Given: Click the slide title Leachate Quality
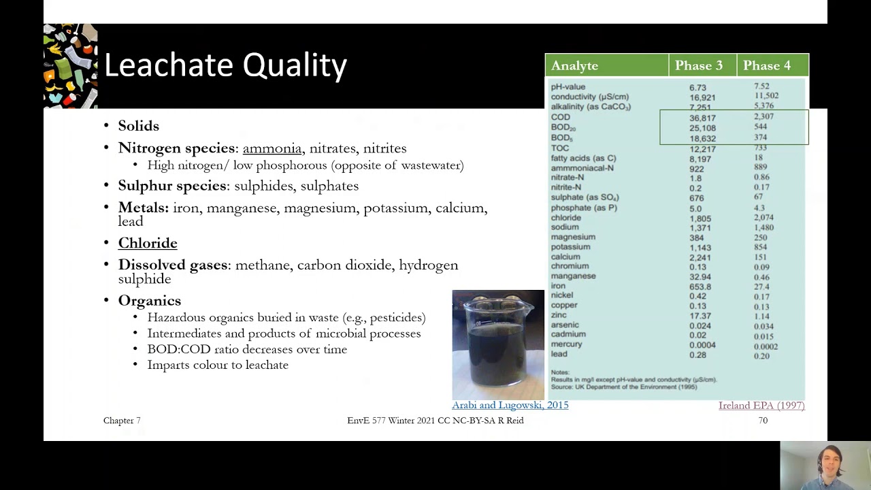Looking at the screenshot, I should click(x=225, y=66).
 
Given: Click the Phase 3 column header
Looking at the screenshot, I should click(x=698, y=65).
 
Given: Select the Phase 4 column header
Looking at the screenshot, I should click(x=766, y=65).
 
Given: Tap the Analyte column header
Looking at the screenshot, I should click(x=574, y=65).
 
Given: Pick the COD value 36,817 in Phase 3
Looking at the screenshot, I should click(x=702, y=118).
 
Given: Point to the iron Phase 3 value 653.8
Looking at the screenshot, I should click(x=700, y=287).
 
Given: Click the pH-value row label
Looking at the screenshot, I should click(x=568, y=87).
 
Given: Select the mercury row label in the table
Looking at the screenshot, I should click(x=566, y=344).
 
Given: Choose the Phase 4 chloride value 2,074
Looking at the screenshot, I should click(x=763, y=218).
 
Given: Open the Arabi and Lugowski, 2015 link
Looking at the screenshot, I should click(x=510, y=405).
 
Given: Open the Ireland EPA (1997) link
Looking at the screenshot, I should click(x=761, y=406).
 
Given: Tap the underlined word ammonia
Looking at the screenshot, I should click(x=272, y=148).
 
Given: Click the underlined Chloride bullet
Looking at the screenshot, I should click(x=148, y=243).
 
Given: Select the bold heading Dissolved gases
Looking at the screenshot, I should click(x=173, y=265).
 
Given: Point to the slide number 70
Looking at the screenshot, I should click(x=763, y=421).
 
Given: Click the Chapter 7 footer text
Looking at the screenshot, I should click(x=122, y=421).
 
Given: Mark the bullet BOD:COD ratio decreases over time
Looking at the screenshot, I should click(x=247, y=349).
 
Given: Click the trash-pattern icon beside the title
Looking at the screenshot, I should click(x=71, y=66).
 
